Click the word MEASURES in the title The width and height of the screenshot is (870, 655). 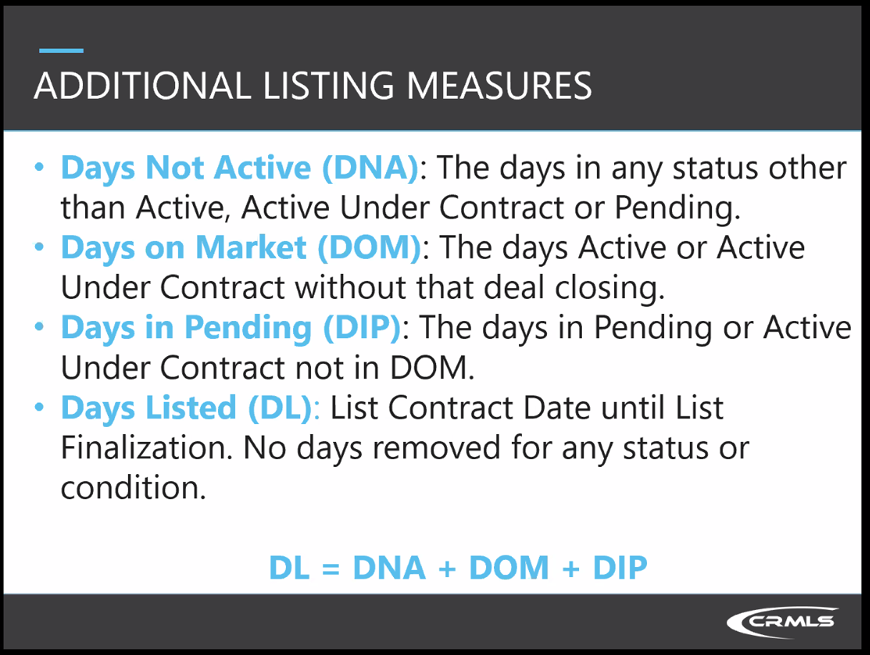500,86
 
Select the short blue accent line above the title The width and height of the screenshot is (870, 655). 61,51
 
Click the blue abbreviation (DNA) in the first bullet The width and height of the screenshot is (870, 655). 370,168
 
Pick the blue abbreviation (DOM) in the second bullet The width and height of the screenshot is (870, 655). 370,248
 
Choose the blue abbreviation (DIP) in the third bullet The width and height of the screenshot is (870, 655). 362,328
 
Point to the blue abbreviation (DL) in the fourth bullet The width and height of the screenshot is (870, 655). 280,408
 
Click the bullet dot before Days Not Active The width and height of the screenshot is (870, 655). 39,167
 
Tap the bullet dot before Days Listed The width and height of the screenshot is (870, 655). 39,407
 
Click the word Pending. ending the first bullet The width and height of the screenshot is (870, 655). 678,208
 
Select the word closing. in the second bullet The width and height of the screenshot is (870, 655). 610,288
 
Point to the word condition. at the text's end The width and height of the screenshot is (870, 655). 134,488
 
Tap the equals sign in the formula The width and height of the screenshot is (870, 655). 331,568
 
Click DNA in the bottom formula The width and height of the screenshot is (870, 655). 389,567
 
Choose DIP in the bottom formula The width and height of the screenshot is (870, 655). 620,567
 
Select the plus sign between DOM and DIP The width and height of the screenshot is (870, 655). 570,568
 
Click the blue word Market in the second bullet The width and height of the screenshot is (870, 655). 251,247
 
